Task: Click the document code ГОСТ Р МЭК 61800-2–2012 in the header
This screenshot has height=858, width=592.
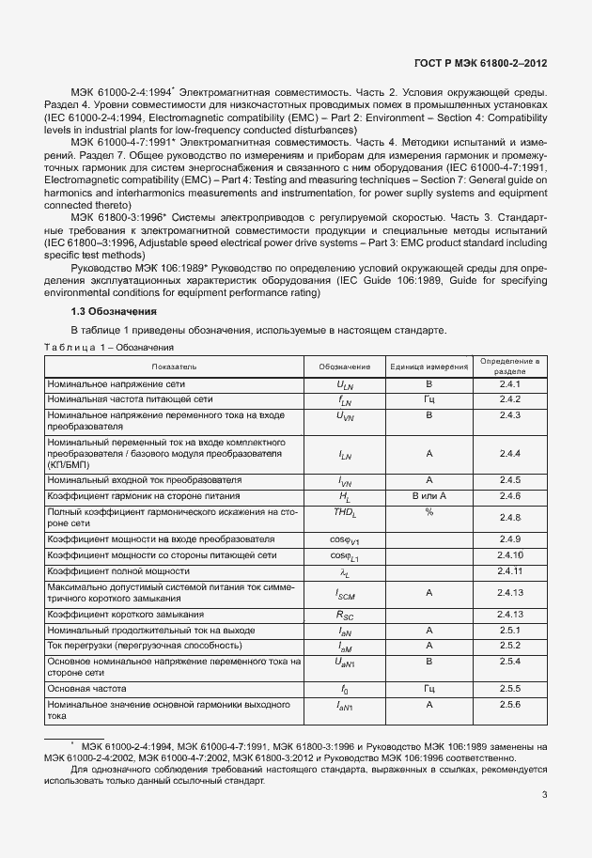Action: tap(481, 64)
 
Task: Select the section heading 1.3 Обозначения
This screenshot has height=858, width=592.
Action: tap(114, 310)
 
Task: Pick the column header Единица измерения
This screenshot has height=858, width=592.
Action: tap(429, 366)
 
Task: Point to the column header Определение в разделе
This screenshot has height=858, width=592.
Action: tap(509, 366)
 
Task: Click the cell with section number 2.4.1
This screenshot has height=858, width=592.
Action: tap(509, 385)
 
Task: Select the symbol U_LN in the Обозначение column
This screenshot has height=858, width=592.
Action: tap(344, 385)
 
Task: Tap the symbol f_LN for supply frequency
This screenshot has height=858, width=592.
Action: tap(344, 400)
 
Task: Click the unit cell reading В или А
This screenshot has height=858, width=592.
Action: tap(428, 495)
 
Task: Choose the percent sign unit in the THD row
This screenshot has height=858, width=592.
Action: tap(428, 512)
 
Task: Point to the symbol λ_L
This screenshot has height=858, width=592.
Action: tap(344, 571)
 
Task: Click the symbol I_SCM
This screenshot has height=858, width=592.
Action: tap(344, 594)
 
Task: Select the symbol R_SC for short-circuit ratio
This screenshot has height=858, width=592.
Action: tap(344, 615)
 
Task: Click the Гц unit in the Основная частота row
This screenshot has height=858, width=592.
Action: tap(428, 688)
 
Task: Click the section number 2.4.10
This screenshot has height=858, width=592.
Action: tap(509, 555)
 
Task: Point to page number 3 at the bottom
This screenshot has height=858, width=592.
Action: tap(544, 795)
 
